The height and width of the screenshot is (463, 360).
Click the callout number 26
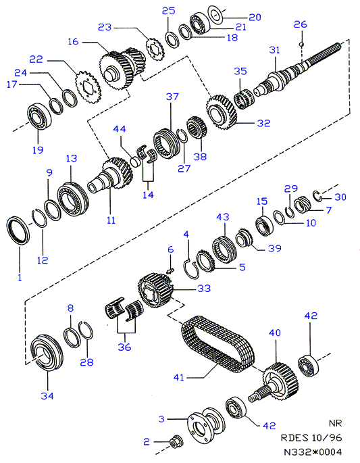point(301,24)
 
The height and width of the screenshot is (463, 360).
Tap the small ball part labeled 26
point(301,44)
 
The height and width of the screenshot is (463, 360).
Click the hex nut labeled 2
point(176,442)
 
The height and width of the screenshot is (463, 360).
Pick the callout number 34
point(47,395)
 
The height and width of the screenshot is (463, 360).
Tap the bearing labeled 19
point(39,116)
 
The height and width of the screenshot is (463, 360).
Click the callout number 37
point(172,97)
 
